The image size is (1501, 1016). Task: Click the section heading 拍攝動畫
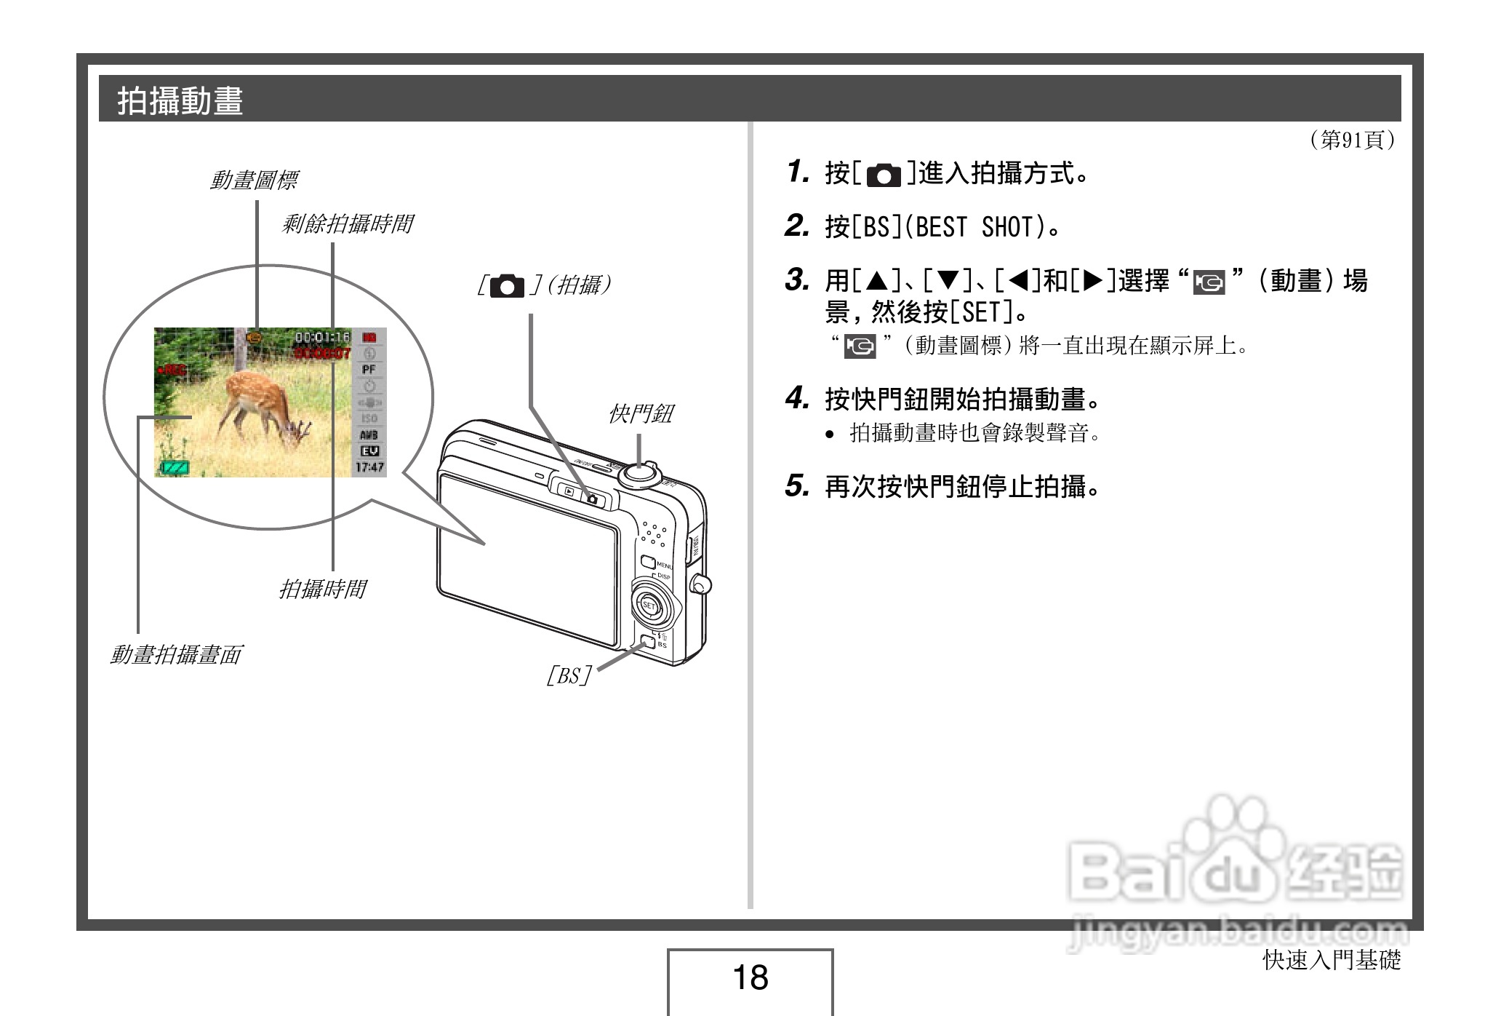[180, 100]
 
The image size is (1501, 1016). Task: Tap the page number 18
[750, 977]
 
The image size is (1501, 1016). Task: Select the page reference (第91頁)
[1352, 139]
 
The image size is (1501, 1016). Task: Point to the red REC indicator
[172, 370]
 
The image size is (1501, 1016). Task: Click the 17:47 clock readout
[369, 467]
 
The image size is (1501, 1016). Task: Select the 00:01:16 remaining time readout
[322, 338]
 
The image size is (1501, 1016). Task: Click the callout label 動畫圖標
[253, 180]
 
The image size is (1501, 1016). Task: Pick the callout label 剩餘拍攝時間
[347, 224]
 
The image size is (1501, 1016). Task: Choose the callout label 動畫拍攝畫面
[175, 655]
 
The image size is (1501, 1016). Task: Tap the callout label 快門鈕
[641, 415]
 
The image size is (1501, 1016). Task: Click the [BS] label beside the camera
[569, 676]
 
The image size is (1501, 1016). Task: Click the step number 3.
[797, 280]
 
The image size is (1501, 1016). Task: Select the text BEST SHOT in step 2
[974, 228]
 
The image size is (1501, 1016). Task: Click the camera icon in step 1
[884, 175]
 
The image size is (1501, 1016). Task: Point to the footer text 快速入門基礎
[1331, 961]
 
